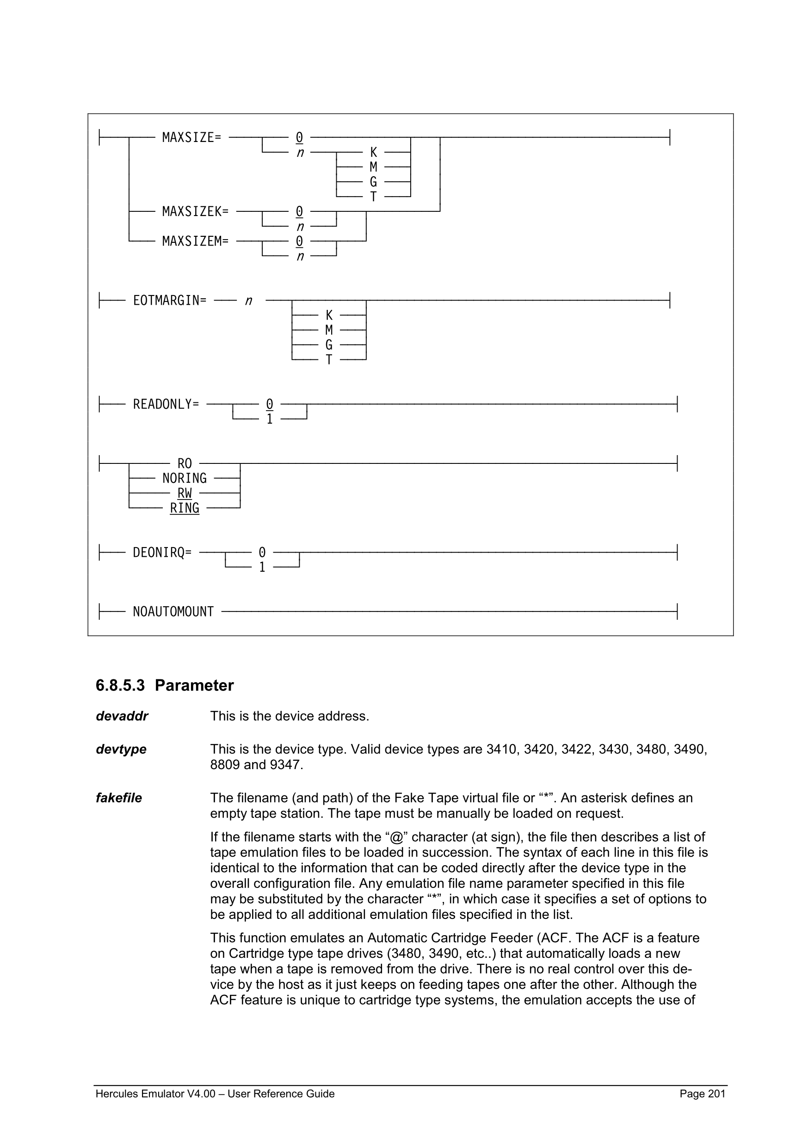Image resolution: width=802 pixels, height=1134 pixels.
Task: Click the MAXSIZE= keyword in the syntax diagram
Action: click(x=191, y=137)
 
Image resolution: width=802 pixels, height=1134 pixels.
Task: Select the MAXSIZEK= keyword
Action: click(x=195, y=211)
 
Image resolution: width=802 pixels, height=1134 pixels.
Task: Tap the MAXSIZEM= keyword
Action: click(x=195, y=241)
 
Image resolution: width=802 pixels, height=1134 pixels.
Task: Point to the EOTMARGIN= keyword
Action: click(x=169, y=300)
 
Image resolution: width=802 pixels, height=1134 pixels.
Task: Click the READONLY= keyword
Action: click(x=166, y=404)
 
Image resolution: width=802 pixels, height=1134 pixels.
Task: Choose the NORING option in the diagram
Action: click(x=184, y=478)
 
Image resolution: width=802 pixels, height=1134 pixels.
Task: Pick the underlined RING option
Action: click(x=184, y=508)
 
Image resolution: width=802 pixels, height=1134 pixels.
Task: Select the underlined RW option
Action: click(x=184, y=493)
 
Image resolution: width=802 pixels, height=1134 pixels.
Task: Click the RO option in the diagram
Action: click(x=184, y=463)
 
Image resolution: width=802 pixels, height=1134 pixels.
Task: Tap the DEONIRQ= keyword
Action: click(x=162, y=552)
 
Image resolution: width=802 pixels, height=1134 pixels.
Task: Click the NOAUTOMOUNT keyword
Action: click(x=173, y=611)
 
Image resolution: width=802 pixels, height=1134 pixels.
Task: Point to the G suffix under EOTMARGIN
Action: click(x=329, y=345)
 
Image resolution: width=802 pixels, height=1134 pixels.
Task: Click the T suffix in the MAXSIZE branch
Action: click(x=373, y=197)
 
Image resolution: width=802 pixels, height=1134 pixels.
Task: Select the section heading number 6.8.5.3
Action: click(x=120, y=685)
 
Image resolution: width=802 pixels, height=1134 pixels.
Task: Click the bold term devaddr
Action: click(x=122, y=716)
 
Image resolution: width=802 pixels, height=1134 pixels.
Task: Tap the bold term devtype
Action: click(x=121, y=749)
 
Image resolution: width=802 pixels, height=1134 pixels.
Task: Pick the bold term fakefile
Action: click(x=118, y=798)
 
